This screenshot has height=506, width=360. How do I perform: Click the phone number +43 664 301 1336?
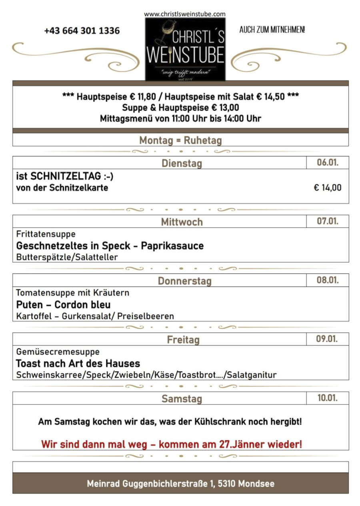click(82, 31)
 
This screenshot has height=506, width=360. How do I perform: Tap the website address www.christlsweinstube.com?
click(185, 14)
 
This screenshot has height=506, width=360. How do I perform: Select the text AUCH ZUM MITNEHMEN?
click(272, 30)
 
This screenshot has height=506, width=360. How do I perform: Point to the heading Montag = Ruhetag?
click(180, 141)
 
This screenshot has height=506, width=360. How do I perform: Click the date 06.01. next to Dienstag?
click(327, 163)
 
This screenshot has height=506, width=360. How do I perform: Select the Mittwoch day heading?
click(182, 222)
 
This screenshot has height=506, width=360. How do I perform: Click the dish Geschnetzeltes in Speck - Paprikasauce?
click(110, 245)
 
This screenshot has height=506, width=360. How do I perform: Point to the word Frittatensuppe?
click(46, 234)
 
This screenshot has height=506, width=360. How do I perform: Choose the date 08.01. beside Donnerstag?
click(327, 280)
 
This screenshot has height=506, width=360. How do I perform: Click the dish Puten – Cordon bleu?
click(63, 305)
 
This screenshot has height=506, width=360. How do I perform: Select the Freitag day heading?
click(183, 340)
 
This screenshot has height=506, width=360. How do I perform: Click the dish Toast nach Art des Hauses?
click(78, 364)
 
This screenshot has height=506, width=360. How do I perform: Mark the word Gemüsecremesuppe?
click(58, 352)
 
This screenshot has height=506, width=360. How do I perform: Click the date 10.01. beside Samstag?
click(327, 398)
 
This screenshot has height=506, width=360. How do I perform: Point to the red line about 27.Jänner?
click(171, 444)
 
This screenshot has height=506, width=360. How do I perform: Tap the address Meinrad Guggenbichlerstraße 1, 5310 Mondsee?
click(180, 483)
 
